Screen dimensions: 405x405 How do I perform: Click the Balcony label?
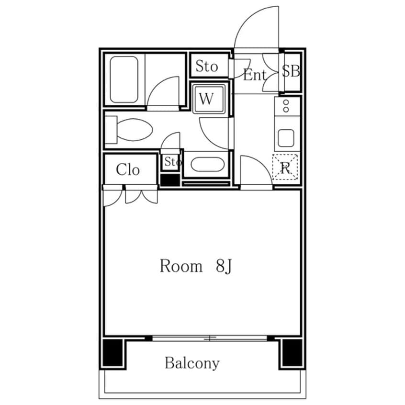click(x=192, y=363)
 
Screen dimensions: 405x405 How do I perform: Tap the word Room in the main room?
click(x=181, y=266)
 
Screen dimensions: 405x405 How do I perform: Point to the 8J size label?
click(x=224, y=266)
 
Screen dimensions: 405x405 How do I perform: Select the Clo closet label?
click(x=128, y=169)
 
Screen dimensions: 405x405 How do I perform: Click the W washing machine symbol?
click(x=208, y=98)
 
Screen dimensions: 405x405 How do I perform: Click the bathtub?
click(x=124, y=79)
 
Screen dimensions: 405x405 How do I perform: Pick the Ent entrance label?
click(x=254, y=76)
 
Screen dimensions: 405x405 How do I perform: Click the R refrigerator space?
click(x=285, y=167)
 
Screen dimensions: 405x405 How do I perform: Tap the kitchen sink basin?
click(x=286, y=138)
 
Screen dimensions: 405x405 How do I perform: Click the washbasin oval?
click(x=207, y=164)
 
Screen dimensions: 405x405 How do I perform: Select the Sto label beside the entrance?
click(x=206, y=66)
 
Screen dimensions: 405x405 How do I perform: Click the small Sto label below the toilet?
click(x=173, y=162)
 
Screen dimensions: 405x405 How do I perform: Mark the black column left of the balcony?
click(x=112, y=352)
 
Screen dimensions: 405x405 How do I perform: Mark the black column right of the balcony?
click(x=292, y=352)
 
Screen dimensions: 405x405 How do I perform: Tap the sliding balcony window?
click(x=210, y=338)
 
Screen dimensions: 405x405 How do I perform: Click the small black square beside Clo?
click(x=169, y=180)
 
